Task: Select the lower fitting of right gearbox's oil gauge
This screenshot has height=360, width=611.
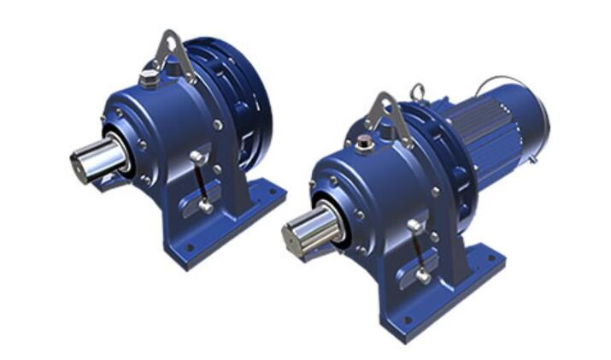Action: (423, 275)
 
